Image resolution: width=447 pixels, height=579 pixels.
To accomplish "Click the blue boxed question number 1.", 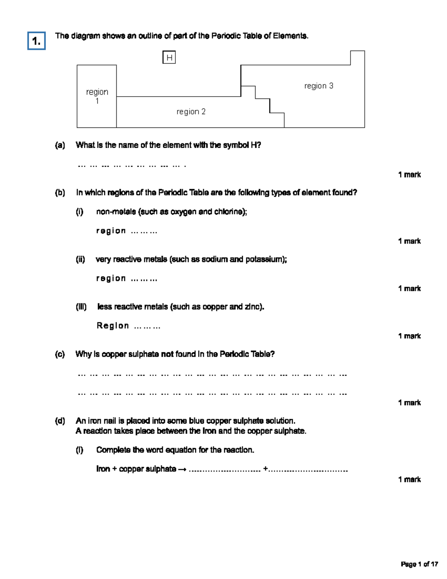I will click(x=37, y=41).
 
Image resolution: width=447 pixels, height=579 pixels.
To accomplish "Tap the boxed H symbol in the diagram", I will click(x=169, y=58).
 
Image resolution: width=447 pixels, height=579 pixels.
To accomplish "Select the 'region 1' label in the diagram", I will click(x=97, y=96).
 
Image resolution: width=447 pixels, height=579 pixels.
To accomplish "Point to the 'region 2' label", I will click(x=191, y=111).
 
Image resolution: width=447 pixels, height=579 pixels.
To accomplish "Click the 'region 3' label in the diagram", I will click(x=318, y=86).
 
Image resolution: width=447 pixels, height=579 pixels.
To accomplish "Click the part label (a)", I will click(x=60, y=145).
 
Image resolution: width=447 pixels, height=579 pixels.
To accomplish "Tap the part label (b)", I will click(x=60, y=193).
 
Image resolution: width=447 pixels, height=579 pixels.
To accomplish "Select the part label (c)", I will click(x=60, y=354).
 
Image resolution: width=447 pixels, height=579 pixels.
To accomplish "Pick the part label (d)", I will click(x=60, y=421).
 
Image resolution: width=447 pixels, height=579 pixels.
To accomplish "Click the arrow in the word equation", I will click(x=182, y=469).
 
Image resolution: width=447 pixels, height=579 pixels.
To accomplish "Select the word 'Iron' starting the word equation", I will click(x=103, y=469).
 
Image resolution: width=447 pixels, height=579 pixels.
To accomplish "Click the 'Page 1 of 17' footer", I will click(x=419, y=564).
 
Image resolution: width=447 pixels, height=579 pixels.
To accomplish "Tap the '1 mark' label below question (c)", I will click(x=409, y=403).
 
